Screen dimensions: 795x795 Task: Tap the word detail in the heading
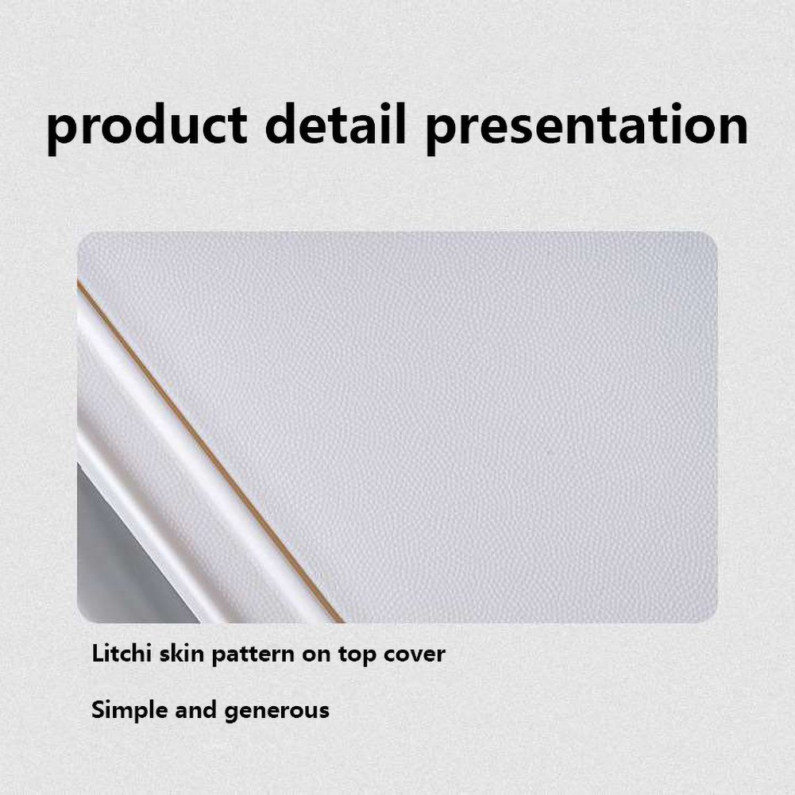[x=336, y=123]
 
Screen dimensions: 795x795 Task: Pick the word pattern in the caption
[x=253, y=655]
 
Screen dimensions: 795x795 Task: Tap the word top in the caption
[x=357, y=655]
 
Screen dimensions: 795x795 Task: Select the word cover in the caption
[x=415, y=655]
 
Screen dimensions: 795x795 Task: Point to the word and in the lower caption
[x=195, y=709]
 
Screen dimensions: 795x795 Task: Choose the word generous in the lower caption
[x=277, y=712]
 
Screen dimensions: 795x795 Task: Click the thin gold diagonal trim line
[x=211, y=451]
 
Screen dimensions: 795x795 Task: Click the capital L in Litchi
[x=98, y=654]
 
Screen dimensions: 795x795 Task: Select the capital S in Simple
[x=99, y=709]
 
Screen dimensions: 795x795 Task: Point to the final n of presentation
[x=731, y=129]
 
